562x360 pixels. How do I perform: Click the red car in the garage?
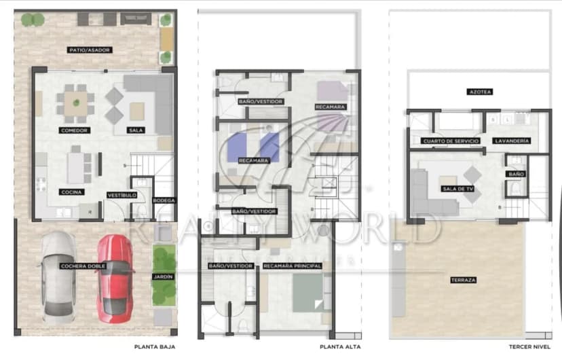[x=115, y=278]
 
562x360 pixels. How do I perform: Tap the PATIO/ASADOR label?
[x=89, y=50]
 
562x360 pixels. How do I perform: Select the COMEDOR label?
[x=74, y=130]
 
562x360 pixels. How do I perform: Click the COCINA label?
[x=71, y=192]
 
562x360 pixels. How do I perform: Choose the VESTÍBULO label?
[x=123, y=195]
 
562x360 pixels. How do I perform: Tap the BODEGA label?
[x=164, y=200]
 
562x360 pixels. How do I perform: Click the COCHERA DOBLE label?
[x=82, y=266]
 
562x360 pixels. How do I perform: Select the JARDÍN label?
[x=163, y=276]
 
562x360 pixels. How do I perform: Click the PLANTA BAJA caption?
[x=155, y=346]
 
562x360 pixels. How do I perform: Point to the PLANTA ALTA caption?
[x=340, y=346]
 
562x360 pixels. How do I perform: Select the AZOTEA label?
[x=480, y=92]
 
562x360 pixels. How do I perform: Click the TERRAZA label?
[x=463, y=280]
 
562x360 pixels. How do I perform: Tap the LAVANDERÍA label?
[x=512, y=141]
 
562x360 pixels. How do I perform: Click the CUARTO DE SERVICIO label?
[x=451, y=141]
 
